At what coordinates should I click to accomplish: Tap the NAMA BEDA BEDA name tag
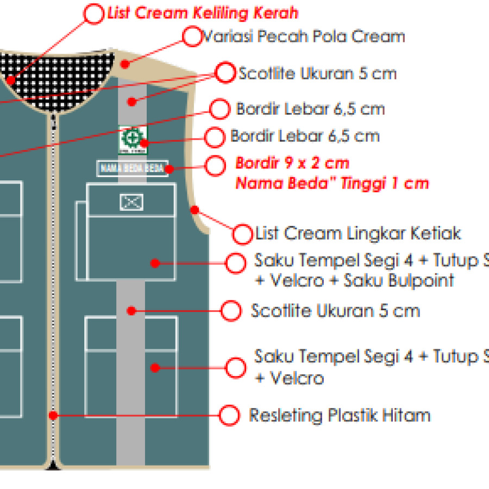point(133,168)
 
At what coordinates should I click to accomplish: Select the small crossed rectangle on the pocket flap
point(131,202)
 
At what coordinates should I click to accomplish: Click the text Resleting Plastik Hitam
point(340,416)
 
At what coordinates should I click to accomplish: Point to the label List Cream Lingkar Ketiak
point(358,234)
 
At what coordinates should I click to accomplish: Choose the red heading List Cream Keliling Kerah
point(203,14)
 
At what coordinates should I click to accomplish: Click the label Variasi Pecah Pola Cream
point(303,37)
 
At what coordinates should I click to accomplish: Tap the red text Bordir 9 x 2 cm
point(292,163)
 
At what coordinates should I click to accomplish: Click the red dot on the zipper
point(53,416)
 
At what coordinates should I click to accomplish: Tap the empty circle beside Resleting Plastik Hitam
point(230,416)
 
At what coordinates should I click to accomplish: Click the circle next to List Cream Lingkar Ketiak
point(242,234)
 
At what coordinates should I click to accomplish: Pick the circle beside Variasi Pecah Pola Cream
point(192,37)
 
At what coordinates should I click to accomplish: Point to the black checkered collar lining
point(60,76)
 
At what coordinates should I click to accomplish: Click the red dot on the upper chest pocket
point(155,263)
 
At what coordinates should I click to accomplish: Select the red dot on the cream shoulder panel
point(125,64)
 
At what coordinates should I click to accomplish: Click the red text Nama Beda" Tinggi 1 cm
point(332,183)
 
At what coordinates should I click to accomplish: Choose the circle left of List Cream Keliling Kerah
point(95,14)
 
